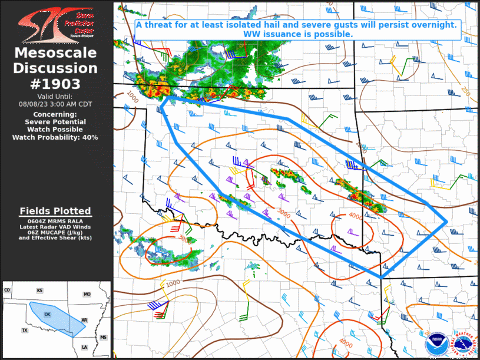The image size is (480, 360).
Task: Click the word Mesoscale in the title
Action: (55, 53)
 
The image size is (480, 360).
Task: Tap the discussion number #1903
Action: (55, 82)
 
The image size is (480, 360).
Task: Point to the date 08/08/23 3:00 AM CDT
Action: (55, 103)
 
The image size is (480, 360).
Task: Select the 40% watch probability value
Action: (90, 137)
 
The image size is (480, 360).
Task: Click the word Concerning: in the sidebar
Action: (55, 114)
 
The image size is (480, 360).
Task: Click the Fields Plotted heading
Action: (55, 211)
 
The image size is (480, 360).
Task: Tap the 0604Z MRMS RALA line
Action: (55, 220)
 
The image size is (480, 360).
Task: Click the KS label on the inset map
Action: (39, 290)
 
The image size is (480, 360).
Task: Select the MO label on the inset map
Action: (87, 294)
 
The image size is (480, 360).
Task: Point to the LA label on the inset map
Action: (85, 347)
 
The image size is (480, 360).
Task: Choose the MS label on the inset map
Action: (104, 337)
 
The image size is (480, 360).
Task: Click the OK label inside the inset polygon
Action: (47, 314)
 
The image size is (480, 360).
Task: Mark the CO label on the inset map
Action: (8, 290)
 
